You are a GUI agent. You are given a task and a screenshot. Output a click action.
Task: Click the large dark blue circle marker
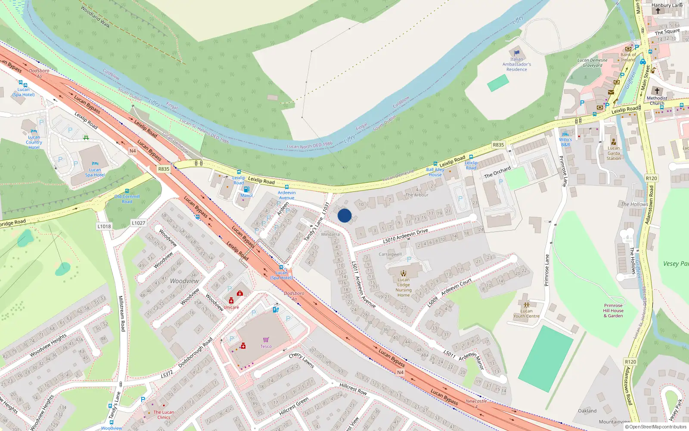(344, 215)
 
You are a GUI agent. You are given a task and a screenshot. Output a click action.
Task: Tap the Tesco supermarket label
(266, 346)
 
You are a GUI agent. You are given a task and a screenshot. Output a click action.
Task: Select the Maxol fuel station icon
(246, 189)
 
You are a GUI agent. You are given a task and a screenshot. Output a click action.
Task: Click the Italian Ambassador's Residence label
(517, 64)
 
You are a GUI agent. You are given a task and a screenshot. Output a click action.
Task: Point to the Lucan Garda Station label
(614, 153)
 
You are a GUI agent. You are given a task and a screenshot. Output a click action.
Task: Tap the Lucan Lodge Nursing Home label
(403, 287)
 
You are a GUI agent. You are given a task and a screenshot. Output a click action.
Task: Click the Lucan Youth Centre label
(526, 313)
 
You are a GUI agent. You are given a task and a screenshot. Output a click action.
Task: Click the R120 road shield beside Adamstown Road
(651, 178)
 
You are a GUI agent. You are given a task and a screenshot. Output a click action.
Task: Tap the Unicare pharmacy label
(231, 307)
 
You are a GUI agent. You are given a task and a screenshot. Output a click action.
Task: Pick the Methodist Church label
(657, 100)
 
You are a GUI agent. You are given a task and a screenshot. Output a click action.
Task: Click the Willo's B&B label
(565, 142)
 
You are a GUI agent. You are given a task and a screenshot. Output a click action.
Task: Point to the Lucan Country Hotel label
(34, 142)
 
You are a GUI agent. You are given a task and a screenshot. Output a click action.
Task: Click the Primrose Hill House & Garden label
(613, 310)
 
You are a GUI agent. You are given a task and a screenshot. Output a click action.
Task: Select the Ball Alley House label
(435, 172)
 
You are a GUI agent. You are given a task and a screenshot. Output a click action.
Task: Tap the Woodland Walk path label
(95, 17)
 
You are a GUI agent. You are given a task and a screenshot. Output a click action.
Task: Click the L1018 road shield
(104, 226)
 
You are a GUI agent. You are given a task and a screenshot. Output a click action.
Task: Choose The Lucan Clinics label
(164, 415)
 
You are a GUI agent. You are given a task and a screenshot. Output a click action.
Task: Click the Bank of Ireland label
(628, 57)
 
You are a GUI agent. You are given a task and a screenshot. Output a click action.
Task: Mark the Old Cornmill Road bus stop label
(127, 199)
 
